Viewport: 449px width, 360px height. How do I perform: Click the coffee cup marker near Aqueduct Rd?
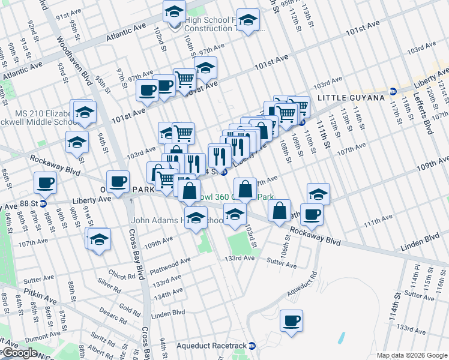tap(292, 321)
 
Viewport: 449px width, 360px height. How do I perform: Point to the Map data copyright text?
tap(412, 355)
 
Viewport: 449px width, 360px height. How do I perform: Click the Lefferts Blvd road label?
tap(428, 115)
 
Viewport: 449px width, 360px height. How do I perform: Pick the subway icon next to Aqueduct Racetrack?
tap(253, 346)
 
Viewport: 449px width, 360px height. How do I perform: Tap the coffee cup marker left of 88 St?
tap(45, 183)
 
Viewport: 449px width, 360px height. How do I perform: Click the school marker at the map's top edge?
tap(174, 11)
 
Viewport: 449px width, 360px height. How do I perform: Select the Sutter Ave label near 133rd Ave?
tap(282, 262)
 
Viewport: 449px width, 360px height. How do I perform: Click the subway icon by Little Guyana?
tap(393, 91)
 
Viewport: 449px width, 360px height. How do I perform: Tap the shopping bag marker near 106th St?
tap(280, 211)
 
